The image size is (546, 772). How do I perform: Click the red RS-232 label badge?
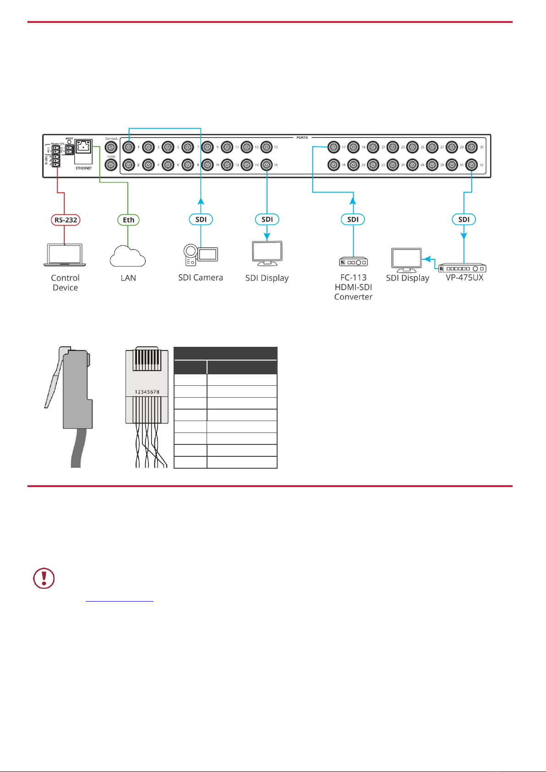click(66, 220)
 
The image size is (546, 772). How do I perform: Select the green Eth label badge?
click(128, 220)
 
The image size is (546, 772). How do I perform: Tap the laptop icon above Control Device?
click(65, 255)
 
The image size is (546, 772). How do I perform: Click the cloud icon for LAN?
click(128, 257)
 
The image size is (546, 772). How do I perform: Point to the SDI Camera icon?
click(201, 255)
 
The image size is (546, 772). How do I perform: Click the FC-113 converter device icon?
click(353, 262)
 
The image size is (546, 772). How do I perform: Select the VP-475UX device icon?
click(463, 268)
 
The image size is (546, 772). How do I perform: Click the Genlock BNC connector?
click(111, 148)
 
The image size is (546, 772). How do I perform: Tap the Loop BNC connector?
click(111, 164)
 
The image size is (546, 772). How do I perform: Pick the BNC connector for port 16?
click(267, 164)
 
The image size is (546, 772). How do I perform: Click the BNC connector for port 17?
click(333, 147)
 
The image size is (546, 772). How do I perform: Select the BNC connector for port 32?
click(471, 164)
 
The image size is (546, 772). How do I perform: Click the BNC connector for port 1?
click(129, 147)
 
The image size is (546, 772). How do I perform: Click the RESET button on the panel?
click(69, 142)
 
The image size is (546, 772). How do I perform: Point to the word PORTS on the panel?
click(302, 137)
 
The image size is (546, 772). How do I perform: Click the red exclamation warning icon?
click(44, 578)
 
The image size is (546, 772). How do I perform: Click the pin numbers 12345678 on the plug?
click(147, 392)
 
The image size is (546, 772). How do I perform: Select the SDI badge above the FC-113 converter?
click(353, 219)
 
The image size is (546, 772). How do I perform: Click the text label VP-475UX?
click(464, 278)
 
